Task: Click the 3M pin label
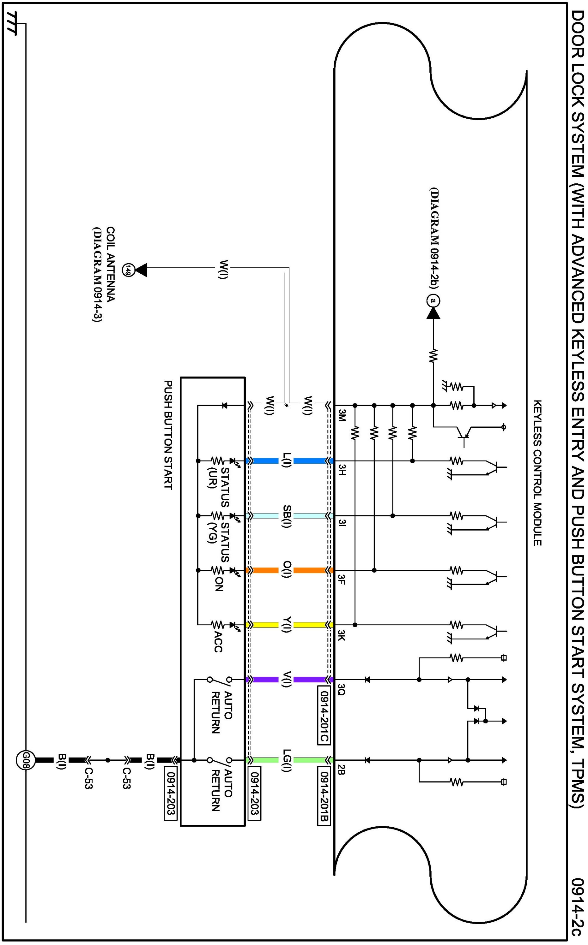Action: (x=342, y=415)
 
